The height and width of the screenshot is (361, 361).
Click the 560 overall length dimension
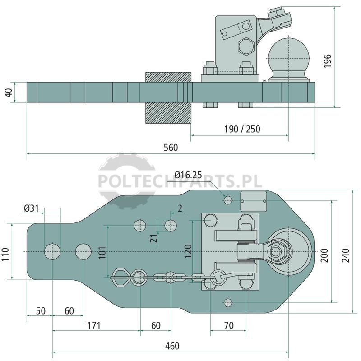[x=171, y=148]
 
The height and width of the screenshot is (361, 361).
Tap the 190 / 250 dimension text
[x=242, y=129]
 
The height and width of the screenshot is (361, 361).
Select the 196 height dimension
[x=327, y=61]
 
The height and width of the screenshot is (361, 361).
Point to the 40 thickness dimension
[x=9, y=93]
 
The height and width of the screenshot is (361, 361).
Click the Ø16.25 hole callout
[x=188, y=175]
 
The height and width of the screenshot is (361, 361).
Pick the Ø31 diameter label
[x=31, y=208]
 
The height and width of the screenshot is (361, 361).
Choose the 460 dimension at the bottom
[x=172, y=346]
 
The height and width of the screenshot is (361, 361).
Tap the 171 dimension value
[x=94, y=325]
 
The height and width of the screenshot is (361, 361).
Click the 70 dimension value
[x=229, y=325]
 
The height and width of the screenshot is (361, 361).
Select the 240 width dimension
[x=346, y=255]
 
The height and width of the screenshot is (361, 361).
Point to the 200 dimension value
[x=324, y=255]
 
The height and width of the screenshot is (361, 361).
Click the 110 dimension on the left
[x=5, y=255]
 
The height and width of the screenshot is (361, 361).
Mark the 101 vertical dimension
[x=102, y=252]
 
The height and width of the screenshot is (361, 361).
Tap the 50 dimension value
[x=41, y=311]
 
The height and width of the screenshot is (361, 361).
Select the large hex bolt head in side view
[x=245, y=46]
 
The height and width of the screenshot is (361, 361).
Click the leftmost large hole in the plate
[x=52, y=251]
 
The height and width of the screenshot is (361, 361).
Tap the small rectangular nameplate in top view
[x=254, y=201]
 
